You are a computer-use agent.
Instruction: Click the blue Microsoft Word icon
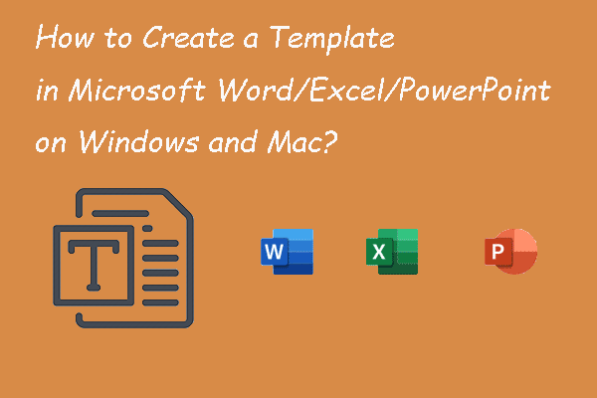287,251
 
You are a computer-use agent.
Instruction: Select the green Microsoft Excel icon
391,251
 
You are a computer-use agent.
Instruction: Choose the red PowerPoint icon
511,251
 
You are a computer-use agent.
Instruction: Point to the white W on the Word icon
275,254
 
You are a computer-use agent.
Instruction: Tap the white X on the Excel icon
379,254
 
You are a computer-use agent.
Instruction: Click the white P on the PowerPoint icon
497,254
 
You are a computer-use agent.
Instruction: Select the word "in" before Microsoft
45,94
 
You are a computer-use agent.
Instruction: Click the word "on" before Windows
50,142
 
